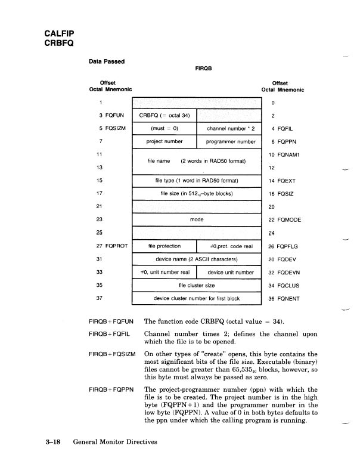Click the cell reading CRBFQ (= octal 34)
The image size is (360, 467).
pyautogui.click(x=164, y=115)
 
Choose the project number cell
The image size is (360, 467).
pyautogui.click(x=164, y=141)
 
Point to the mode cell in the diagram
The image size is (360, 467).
pyautogui.click(x=197, y=219)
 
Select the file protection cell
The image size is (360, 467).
pyautogui.click(x=164, y=246)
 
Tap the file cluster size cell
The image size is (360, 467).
pyautogui.click(x=197, y=285)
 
